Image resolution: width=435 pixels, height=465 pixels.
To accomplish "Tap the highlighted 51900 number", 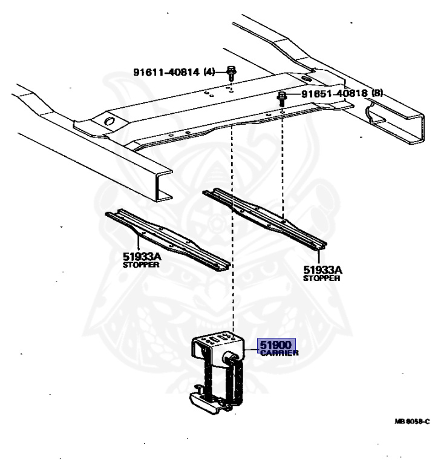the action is click(x=276, y=346).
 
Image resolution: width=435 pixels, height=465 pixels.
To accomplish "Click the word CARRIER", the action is click(x=279, y=353).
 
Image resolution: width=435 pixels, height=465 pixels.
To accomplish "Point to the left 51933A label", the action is click(x=142, y=257).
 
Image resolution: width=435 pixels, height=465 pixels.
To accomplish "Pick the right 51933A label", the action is click(x=322, y=271).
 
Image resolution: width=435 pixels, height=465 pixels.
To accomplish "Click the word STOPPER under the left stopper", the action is click(x=142, y=265).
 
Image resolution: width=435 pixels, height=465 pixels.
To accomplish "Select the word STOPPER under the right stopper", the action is click(x=322, y=279).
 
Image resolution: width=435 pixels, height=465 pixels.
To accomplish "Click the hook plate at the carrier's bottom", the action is click(x=209, y=404).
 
